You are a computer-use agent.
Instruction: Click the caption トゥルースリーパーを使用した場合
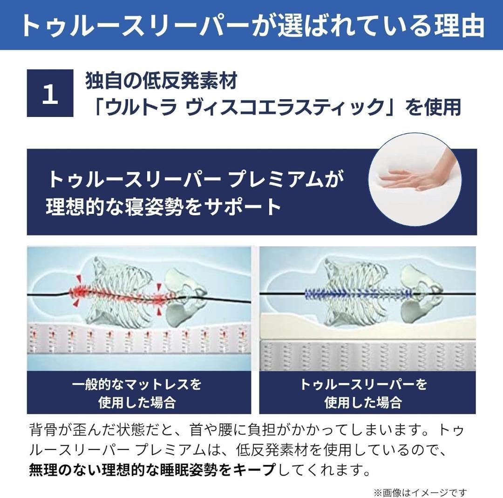pos(363,393)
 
